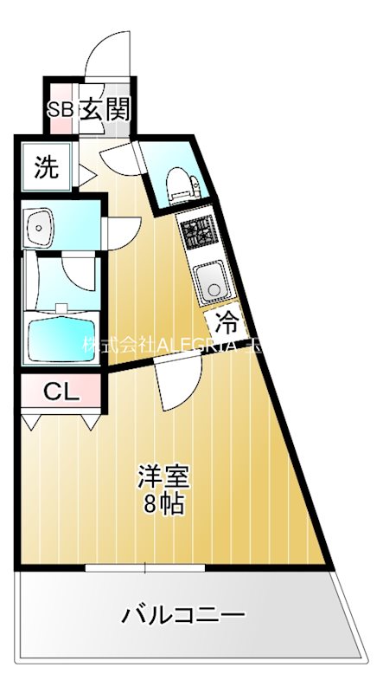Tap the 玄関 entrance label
coord(105,109)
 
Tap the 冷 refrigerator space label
coord(227,324)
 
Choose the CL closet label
coord(61,392)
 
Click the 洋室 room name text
coord(164,476)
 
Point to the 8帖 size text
coord(164,503)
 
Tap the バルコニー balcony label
coord(182,616)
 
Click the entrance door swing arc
coord(108,56)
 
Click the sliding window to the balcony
coord(144,567)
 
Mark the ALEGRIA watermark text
coord(173,344)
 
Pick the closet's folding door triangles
coord(61,422)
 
